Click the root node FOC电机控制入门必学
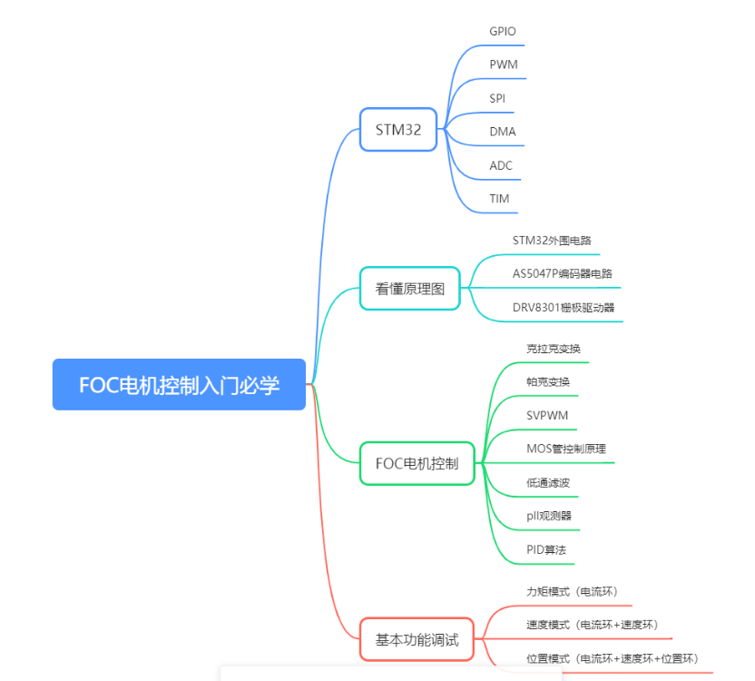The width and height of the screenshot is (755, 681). tap(179, 385)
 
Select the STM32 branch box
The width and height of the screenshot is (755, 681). tap(398, 130)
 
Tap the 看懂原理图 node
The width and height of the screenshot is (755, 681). tap(410, 289)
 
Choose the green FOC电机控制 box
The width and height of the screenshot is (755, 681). tap(417, 463)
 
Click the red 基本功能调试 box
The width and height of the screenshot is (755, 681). tap(417, 639)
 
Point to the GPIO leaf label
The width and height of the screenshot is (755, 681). tap(502, 31)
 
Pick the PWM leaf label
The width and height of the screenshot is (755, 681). tap(503, 64)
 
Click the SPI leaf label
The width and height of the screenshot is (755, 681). tap(497, 98)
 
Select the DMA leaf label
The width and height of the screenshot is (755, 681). tap(502, 132)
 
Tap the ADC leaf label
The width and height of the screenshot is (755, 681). tap(501, 165)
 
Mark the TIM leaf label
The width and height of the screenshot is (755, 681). tap(499, 198)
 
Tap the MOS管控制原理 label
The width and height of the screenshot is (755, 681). tap(566, 449)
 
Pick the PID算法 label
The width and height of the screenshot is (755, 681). tap(548, 549)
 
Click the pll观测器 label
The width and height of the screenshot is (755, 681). tap(549, 516)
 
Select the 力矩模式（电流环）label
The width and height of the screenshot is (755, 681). tap(572, 591)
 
